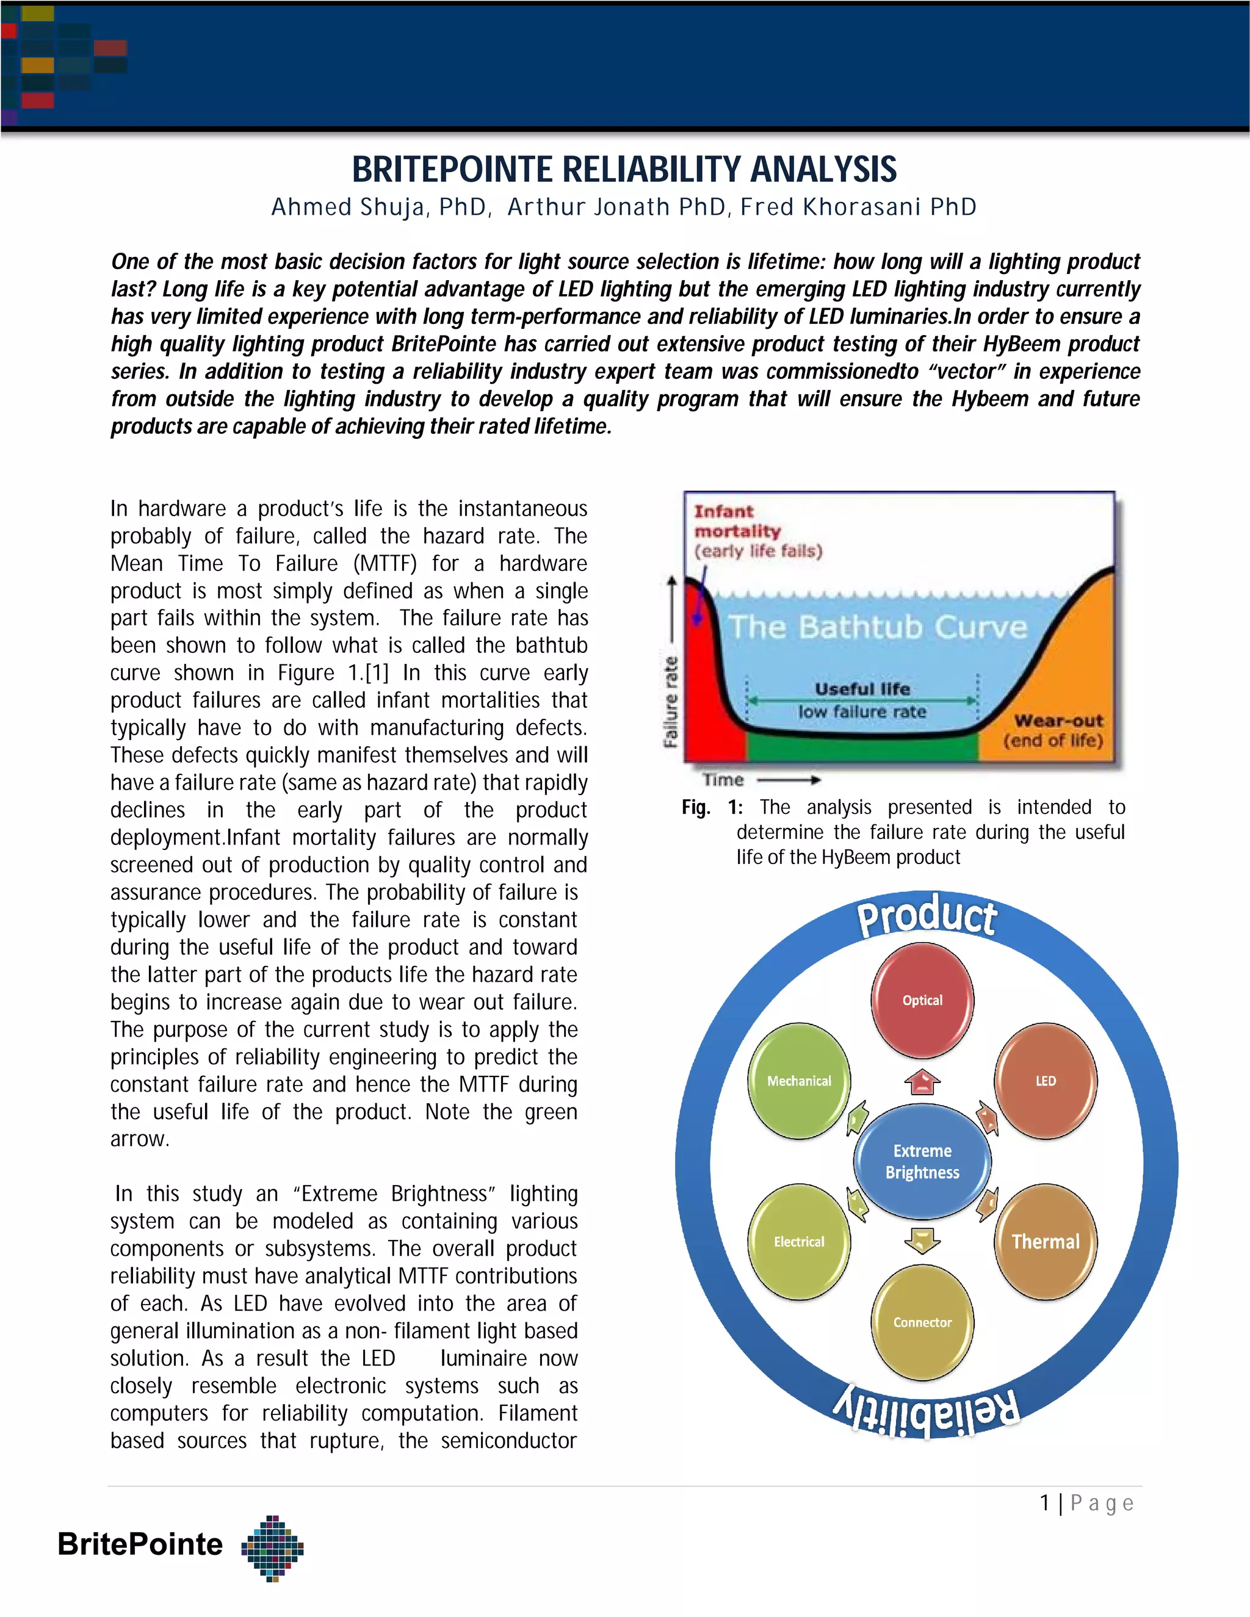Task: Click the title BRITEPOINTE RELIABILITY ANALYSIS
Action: pos(624,170)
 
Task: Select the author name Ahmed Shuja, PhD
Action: pos(380,207)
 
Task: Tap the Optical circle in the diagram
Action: pos(922,1000)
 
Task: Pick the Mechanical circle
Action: pos(799,1081)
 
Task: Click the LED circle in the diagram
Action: pos(1045,1081)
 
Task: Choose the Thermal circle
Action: pos(1045,1242)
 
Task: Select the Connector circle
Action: pos(922,1322)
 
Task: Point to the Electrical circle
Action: pos(799,1242)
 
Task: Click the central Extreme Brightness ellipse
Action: pos(922,1161)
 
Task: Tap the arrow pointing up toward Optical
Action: pos(922,1082)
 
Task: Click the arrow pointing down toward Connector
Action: pos(922,1240)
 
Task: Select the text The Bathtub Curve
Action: pos(878,627)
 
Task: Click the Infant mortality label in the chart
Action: pos(737,521)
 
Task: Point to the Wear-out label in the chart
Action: pos(1058,721)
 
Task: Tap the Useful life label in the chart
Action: pos(862,688)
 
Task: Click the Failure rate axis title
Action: pos(671,700)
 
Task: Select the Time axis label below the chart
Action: pos(723,780)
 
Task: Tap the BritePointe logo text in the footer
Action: pos(140,1544)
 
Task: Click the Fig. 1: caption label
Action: pos(711,807)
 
